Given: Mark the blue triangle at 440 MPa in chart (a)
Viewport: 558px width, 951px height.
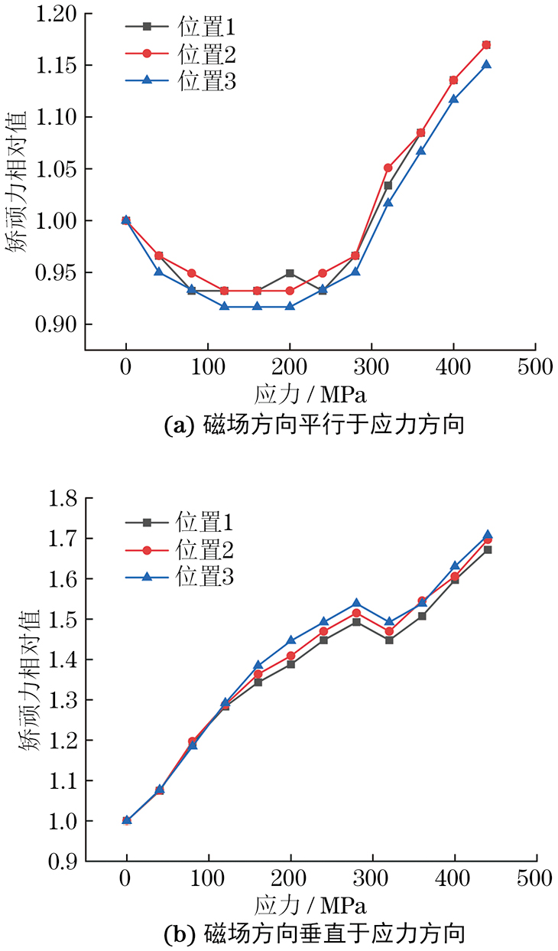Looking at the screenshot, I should [486, 64].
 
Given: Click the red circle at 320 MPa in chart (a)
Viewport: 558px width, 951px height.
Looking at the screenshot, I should [388, 168].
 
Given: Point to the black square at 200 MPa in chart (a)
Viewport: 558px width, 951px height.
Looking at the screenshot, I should [290, 273].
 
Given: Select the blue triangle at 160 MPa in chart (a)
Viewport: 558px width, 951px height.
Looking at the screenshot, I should [257, 306].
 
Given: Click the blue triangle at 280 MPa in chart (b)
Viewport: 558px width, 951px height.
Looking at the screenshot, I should [356, 604].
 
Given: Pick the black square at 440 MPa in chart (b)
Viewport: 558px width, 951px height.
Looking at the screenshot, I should [487, 549].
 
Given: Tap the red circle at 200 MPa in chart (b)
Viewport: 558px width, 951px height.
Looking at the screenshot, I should [290, 656].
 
